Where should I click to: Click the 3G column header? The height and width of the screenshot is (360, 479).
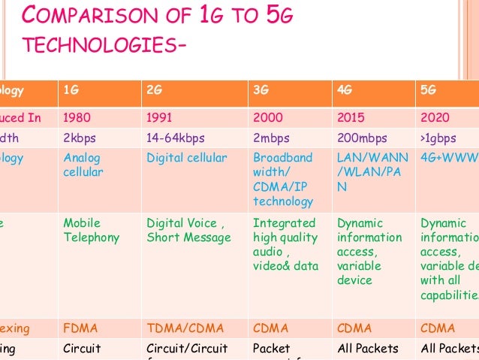tap(261, 90)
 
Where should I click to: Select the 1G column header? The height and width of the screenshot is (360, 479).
tap(71, 90)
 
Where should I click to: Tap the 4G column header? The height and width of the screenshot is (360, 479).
tap(345, 90)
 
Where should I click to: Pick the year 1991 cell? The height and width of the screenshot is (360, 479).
tap(161, 118)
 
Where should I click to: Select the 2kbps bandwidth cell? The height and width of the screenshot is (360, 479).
tap(80, 138)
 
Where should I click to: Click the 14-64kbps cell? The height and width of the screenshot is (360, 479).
tap(176, 138)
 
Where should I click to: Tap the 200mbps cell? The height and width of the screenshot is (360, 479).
tap(363, 138)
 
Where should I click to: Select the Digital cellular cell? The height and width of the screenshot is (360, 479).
tap(186, 159)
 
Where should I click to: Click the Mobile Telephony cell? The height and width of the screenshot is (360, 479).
tap(92, 230)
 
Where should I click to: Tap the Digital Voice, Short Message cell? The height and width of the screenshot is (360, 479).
tap(188, 230)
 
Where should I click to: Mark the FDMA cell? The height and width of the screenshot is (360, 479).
tap(80, 328)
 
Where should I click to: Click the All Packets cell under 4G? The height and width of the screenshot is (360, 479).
tap(368, 348)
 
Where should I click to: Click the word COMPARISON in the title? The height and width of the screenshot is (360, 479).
tap(91, 17)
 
